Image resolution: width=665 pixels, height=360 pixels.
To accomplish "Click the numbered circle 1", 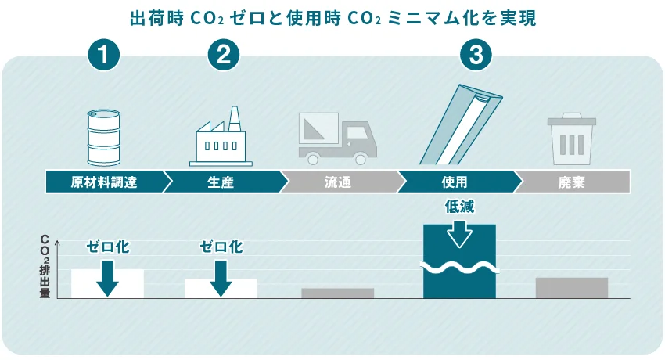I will point(104,56).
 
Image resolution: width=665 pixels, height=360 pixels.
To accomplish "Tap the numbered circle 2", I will point(223,56).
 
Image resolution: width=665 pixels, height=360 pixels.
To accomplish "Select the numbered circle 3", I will point(476,56).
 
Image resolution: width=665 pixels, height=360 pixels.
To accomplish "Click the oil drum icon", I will point(104,136).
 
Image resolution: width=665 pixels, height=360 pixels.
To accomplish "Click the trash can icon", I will point(573,139).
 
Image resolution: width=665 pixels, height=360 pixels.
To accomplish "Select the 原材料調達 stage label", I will point(104,182).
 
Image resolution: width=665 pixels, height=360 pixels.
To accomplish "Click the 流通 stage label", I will point(338,182).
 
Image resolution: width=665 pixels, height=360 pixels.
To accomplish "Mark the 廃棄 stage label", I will point(572,182).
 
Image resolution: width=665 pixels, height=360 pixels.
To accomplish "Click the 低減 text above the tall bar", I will point(459,207).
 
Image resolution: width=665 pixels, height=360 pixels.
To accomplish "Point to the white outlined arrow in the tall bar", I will point(459,235).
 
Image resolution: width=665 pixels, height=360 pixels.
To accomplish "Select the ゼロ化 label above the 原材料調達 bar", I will point(108,247).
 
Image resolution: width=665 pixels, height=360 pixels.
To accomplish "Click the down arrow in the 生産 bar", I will point(221,278).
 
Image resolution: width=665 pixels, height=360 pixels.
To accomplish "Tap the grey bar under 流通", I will point(337,293).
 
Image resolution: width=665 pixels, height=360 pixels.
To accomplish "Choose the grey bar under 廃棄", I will point(572,287).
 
